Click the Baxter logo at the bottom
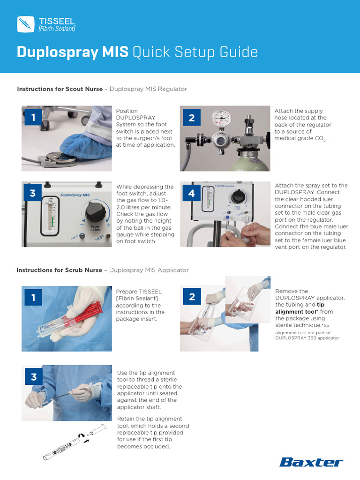pos(311,462)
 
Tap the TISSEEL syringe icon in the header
pos(25,24)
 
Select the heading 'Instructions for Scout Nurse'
pos(60,89)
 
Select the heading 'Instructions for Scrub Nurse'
pos(59,270)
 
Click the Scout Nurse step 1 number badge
pos(33,117)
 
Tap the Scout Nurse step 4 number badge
pos(191,193)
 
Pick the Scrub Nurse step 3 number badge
pos(33,377)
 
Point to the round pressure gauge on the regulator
pos(221,119)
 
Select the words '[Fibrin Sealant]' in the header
pos(56,29)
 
